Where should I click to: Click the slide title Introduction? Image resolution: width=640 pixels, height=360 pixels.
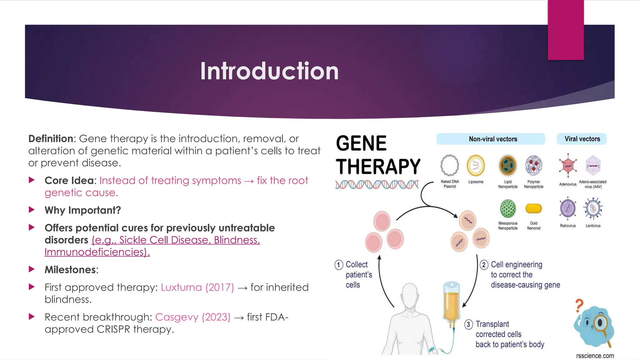coord(269,71)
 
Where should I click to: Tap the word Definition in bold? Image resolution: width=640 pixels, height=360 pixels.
coord(51,139)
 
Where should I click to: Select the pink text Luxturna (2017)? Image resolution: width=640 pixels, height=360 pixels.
coord(197,287)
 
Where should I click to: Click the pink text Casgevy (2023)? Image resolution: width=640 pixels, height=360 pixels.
coord(192,317)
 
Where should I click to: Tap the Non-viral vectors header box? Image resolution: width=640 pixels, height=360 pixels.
coord(491,139)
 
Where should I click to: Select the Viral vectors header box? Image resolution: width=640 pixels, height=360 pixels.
coord(582,139)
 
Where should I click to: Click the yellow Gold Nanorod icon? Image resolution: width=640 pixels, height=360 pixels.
coord(533,208)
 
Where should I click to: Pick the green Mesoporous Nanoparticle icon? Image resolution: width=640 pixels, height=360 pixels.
coord(508,208)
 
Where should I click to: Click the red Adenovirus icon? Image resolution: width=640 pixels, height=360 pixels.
coord(568,165)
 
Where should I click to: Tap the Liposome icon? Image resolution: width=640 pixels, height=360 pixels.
coord(476,165)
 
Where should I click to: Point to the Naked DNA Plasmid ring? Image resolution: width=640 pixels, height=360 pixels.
coord(450,165)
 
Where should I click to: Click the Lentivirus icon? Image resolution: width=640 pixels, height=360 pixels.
coord(593,208)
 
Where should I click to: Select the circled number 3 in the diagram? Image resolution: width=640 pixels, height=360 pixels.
coord(468,324)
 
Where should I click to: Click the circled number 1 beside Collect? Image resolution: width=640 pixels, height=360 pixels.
coord(339,265)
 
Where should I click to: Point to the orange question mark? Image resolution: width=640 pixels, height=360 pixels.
coord(579,305)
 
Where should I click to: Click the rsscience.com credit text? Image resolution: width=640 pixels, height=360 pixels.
coord(595,356)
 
